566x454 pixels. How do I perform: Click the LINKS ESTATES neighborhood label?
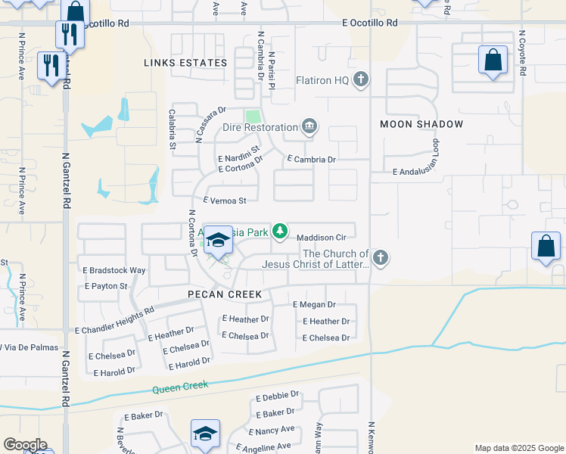coord(185,63)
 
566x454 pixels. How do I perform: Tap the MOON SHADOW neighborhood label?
coord(421,123)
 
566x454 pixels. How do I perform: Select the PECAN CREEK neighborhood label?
coord(225,294)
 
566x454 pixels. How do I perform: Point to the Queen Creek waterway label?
coord(180,389)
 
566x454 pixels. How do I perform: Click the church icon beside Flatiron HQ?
coord(362,79)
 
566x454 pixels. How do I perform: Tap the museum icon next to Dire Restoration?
coord(309,126)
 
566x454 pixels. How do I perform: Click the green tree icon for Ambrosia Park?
coord(280,231)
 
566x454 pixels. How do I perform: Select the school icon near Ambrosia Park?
coord(218,241)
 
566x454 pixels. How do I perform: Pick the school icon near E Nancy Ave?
coord(205,434)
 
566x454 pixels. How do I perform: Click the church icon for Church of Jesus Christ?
coord(381,258)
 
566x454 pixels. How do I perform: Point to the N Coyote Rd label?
coord(522,53)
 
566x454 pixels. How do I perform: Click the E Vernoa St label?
coord(225,201)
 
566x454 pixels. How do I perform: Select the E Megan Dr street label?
coord(314,304)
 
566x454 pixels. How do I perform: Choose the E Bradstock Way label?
coord(114,270)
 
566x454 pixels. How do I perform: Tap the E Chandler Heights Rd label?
coord(114,320)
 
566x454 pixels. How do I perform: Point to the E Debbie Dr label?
coord(278,396)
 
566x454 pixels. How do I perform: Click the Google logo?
coord(25,445)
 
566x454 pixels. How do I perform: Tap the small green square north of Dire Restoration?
coord(253,117)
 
